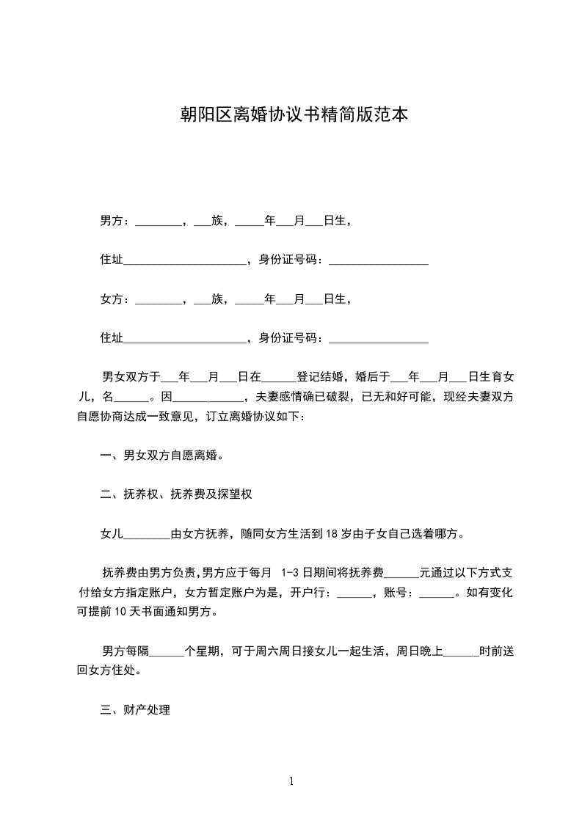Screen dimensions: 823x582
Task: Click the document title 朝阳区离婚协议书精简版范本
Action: click(x=294, y=114)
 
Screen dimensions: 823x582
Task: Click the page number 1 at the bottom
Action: click(x=291, y=781)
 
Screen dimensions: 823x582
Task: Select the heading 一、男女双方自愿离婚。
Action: click(x=161, y=456)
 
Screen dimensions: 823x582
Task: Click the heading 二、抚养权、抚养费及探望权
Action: click(x=176, y=495)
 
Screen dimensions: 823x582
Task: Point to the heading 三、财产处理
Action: click(x=135, y=710)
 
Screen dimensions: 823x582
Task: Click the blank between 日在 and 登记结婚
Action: click(x=279, y=378)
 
